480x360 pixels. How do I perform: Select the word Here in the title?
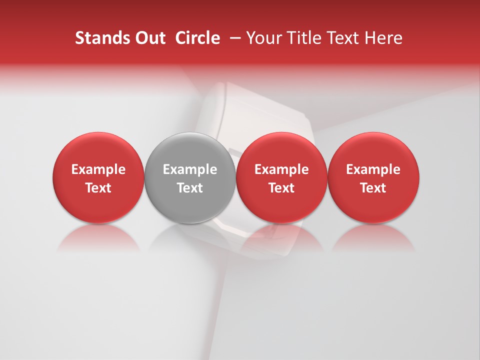coord(384,38)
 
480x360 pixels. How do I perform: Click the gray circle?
coord(190,150)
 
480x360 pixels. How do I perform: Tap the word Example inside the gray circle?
coord(190,169)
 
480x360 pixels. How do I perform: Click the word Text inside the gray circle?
coord(190,188)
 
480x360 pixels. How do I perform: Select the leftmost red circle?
coord(98,150)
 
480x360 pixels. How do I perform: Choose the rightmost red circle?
coord(373,150)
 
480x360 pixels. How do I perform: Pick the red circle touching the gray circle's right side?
coord(281,150)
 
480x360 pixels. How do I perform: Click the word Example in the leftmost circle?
coord(98,169)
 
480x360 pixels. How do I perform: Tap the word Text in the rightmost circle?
coord(373,188)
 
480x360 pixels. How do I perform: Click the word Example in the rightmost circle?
coord(373,169)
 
